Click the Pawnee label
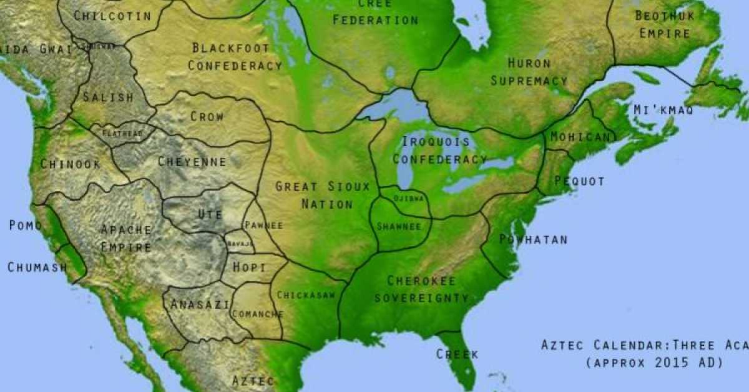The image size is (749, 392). (263, 225)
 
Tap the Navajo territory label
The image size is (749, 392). (240, 243)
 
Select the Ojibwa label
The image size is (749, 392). (409, 198)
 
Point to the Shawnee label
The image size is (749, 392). (399, 226)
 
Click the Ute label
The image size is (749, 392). (210, 214)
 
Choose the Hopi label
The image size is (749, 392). (249, 267)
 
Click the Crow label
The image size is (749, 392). (207, 116)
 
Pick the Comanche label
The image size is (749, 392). (257, 314)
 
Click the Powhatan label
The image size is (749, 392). (533, 240)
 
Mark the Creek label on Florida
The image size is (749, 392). (457, 355)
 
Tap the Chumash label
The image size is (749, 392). (37, 267)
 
